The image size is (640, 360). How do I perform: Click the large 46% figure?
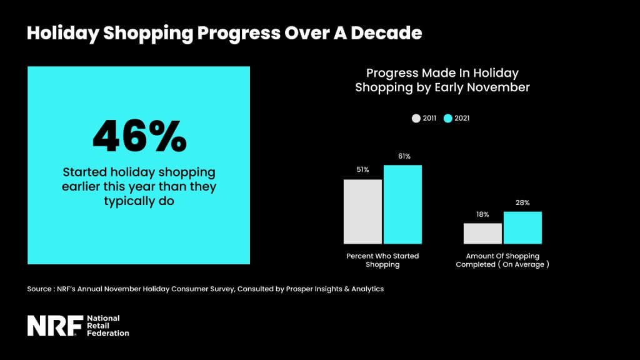[139, 136]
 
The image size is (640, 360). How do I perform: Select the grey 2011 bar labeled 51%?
[362, 211]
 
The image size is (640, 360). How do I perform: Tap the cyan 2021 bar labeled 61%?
[402, 204]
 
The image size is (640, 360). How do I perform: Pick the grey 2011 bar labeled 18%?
[482, 233]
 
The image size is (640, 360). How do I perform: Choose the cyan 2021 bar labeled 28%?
[522, 227]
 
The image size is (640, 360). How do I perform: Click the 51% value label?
[362, 170]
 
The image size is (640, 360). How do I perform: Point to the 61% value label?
[403, 156]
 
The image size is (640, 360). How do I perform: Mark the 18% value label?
[482, 214]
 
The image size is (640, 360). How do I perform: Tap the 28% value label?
[522, 202]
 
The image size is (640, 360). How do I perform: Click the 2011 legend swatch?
[416, 118]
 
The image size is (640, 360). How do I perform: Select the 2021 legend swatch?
[447, 118]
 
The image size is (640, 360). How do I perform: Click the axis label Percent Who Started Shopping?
[382, 260]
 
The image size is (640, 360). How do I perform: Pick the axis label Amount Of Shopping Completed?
[502, 260]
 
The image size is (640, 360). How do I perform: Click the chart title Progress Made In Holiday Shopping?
[442, 81]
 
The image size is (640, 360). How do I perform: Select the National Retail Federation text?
[107, 326]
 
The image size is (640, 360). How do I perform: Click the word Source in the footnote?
[39, 289]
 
